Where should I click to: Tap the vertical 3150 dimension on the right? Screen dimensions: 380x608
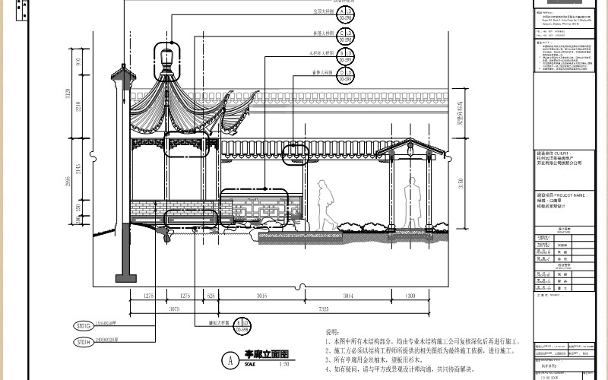tap(458, 183)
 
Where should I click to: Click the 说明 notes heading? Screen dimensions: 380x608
tap(333, 332)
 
